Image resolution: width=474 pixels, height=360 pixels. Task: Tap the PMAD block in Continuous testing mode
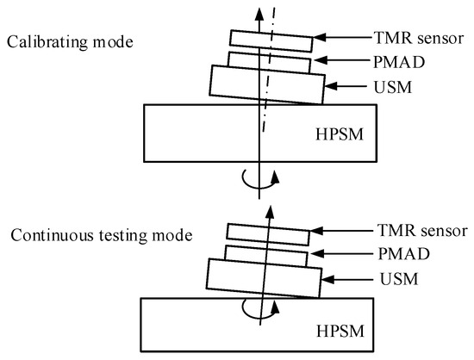point(265,255)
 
